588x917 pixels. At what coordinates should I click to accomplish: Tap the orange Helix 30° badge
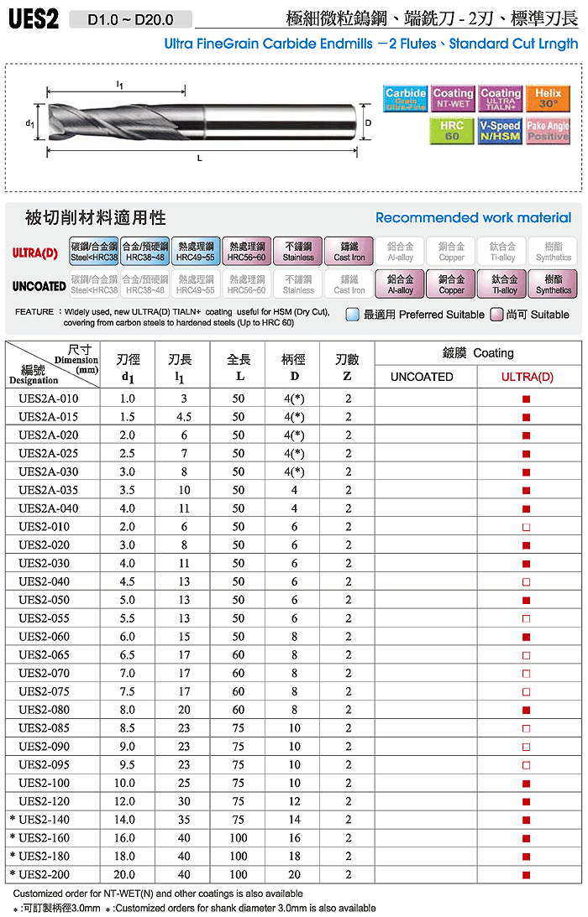click(548, 99)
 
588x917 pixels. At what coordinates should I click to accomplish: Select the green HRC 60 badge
click(452, 131)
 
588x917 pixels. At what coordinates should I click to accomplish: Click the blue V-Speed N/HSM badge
click(500, 131)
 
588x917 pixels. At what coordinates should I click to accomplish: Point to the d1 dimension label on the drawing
click(30, 123)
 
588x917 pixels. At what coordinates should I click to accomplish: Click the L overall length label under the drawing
click(199, 158)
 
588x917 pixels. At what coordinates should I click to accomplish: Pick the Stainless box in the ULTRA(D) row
click(298, 252)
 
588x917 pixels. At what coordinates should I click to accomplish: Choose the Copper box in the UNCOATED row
click(451, 284)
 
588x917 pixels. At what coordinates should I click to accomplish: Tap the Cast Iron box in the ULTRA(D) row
click(349, 252)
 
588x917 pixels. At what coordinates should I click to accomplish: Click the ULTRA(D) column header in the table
click(527, 377)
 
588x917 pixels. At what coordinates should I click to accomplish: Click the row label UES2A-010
click(48, 399)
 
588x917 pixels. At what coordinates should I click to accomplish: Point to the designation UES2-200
click(48, 874)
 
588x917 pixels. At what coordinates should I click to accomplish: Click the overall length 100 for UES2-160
click(239, 837)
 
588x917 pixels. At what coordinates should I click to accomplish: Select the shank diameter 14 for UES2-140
click(295, 820)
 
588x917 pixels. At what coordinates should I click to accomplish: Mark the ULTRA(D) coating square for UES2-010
click(527, 527)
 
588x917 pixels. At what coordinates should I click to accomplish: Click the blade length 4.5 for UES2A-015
click(183, 417)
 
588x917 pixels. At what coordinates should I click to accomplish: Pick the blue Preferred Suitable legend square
click(354, 315)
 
